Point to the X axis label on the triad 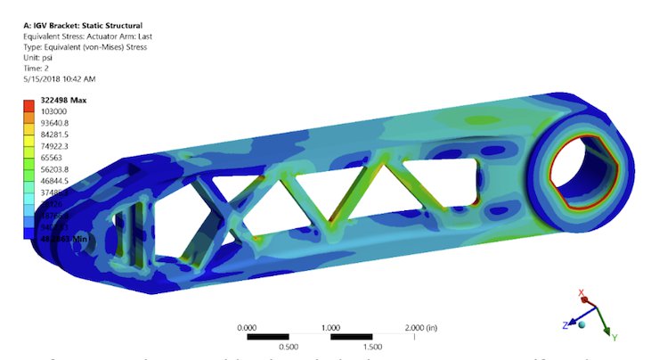tap(582, 293)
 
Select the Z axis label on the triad tap(565, 326)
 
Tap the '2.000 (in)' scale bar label tap(427, 327)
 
